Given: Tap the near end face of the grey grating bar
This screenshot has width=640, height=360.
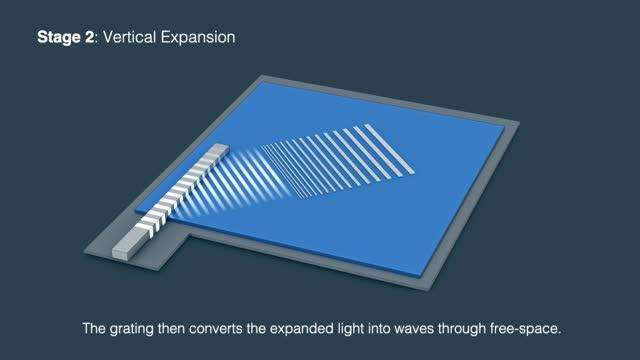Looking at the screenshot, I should pos(121,250).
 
